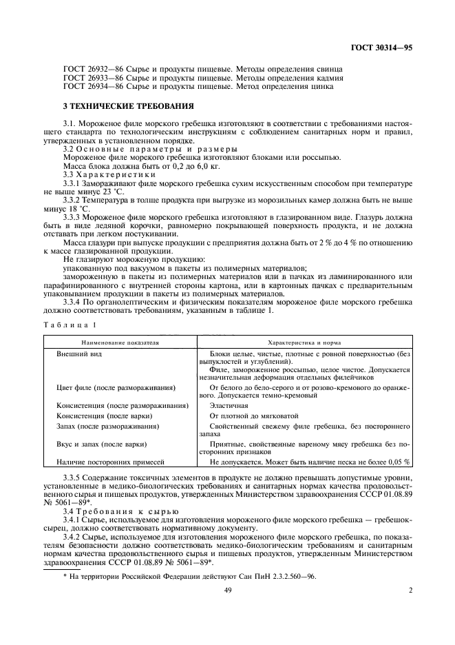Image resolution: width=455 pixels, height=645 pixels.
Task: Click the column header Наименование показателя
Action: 120,341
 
